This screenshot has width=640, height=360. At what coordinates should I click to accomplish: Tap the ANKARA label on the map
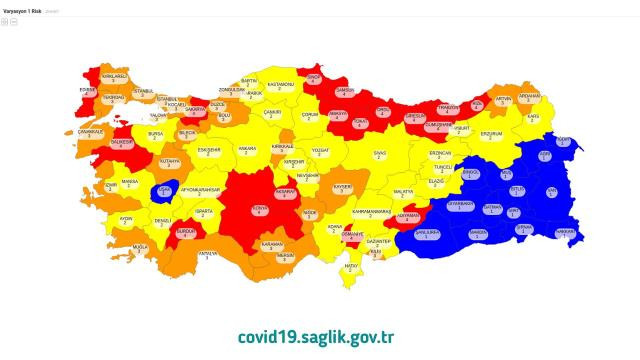(246, 151)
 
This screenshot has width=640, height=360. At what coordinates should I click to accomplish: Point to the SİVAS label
(380, 154)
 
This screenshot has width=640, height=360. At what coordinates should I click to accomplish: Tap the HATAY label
(351, 267)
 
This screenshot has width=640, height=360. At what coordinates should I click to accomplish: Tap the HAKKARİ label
(565, 231)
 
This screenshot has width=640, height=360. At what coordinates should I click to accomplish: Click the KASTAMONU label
(281, 85)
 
